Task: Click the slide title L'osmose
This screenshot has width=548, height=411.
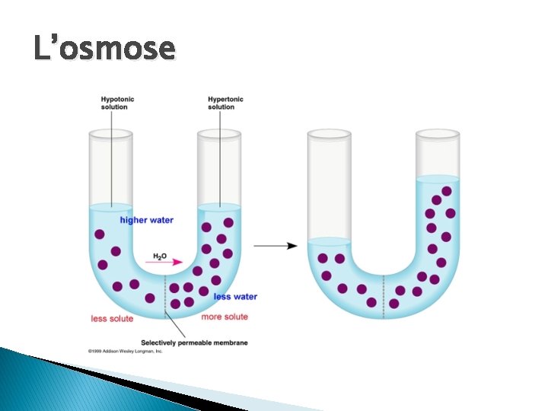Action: pyautogui.click(x=104, y=49)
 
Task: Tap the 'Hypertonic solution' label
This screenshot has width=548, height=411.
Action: pyautogui.click(x=226, y=103)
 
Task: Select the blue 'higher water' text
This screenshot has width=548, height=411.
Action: pyautogui.click(x=147, y=221)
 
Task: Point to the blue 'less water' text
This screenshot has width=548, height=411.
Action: pyautogui.click(x=235, y=297)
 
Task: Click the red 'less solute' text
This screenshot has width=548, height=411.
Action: pyautogui.click(x=112, y=319)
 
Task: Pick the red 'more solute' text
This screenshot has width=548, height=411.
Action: pyautogui.click(x=225, y=317)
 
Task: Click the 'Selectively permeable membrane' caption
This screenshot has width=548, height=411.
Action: pyautogui.click(x=195, y=343)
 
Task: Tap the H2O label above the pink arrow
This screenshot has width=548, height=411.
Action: pyautogui.click(x=160, y=256)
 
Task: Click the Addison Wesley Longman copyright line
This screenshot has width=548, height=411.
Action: pyautogui.click(x=126, y=352)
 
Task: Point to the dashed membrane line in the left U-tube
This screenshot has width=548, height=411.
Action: pyautogui.click(x=165, y=293)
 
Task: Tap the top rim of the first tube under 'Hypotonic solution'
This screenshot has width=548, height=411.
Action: pyautogui.click(x=110, y=134)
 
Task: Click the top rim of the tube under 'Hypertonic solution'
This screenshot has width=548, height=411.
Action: pyautogui.click(x=219, y=134)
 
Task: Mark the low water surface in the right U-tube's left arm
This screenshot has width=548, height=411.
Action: pyautogui.click(x=329, y=242)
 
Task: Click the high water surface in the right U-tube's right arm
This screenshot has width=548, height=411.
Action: pyautogui.click(x=438, y=179)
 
